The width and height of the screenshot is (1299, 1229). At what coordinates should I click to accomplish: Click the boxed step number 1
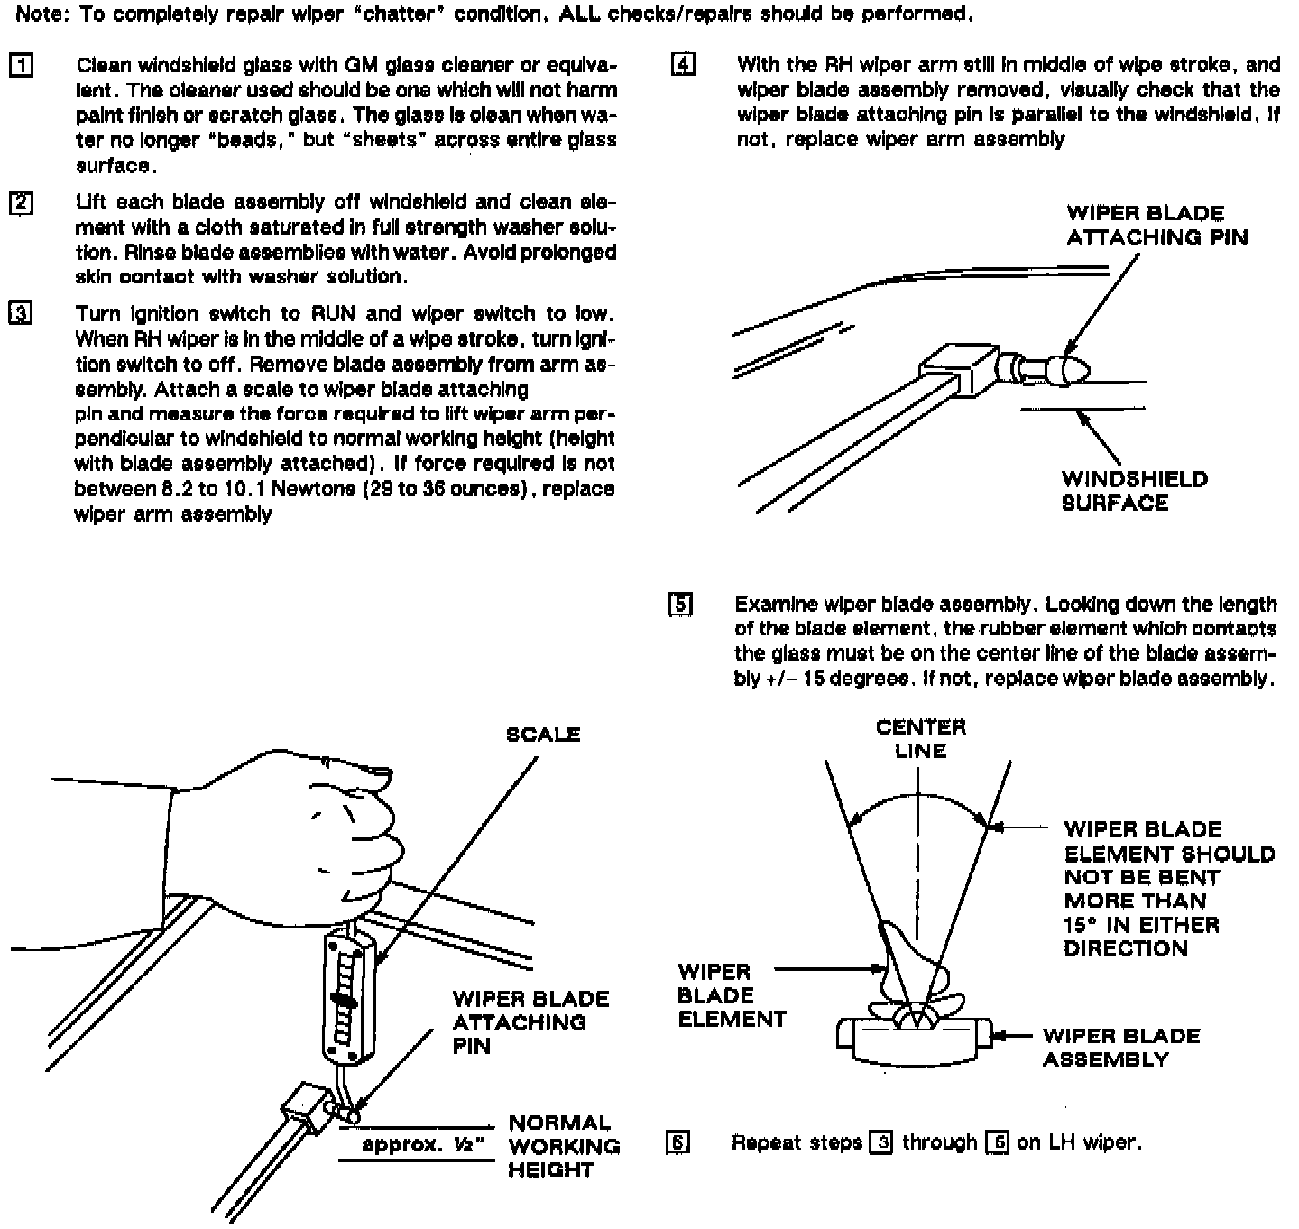tap(21, 66)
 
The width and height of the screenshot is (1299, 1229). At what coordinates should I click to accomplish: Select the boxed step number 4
tap(683, 65)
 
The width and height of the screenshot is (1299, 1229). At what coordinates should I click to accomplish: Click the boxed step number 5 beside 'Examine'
tap(680, 604)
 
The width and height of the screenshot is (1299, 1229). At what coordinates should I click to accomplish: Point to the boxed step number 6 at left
tap(677, 1142)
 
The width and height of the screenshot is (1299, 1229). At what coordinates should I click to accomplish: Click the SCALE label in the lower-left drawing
tap(543, 735)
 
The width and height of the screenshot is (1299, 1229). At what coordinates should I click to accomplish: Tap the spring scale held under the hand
tap(348, 996)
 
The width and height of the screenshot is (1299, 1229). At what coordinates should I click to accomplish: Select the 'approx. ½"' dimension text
tap(418, 1145)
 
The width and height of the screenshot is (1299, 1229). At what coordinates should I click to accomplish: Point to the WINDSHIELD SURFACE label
tap(1134, 491)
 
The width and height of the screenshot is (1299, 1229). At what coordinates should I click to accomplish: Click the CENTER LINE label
tap(920, 738)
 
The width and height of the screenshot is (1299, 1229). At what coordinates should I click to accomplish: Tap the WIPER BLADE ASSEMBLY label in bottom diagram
tap(1120, 1048)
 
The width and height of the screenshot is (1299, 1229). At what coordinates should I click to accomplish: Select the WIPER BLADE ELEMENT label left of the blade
tap(732, 995)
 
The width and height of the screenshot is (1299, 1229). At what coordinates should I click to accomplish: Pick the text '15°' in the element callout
tap(1082, 925)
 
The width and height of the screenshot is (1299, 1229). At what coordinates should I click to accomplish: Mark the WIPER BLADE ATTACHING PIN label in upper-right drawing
tap(1157, 226)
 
